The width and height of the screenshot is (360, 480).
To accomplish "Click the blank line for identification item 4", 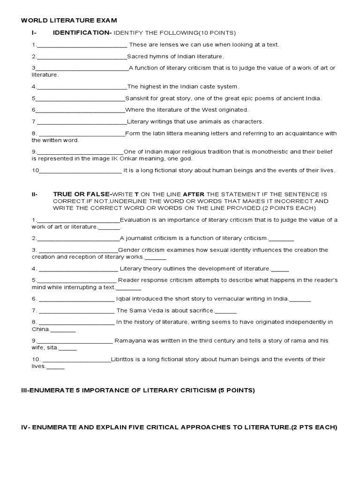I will (81, 87).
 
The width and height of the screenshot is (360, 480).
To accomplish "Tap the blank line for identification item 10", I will (80, 171).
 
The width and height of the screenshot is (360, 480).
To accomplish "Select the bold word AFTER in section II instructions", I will (193, 194).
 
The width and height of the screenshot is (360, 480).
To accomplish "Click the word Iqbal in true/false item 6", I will (124, 299).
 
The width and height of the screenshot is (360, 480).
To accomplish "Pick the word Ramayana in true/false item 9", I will (129, 340).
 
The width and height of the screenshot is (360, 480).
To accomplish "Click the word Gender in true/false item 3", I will (128, 250).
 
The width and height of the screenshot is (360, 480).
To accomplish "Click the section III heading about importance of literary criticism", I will (138, 390).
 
